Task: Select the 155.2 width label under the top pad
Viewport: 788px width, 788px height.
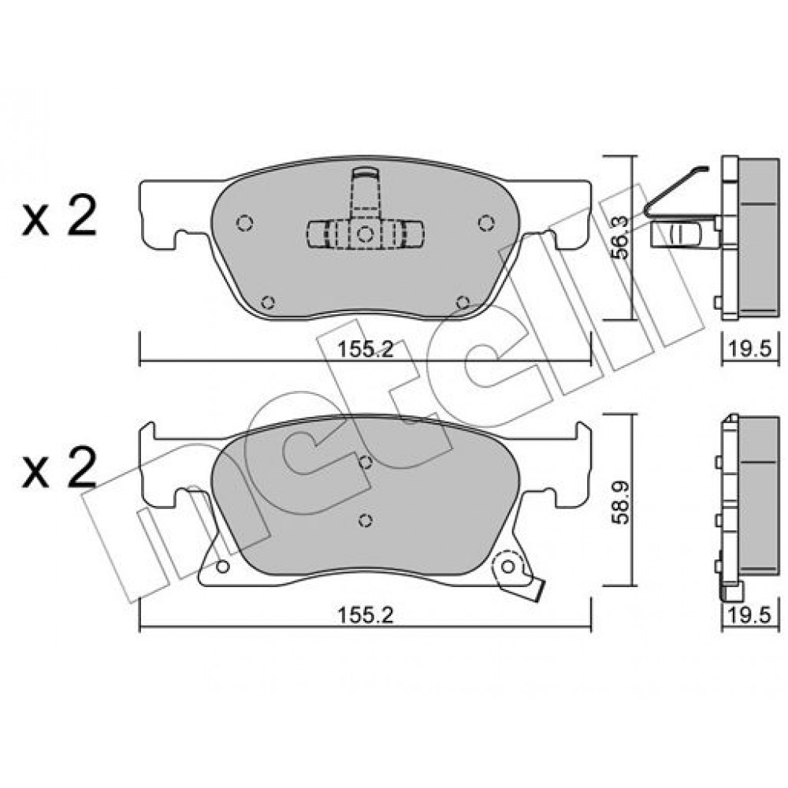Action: (x=365, y=349)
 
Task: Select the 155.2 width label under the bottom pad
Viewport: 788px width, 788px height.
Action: (x=365, y=615)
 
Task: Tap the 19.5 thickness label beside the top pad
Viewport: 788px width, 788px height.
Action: (x=750, y=349)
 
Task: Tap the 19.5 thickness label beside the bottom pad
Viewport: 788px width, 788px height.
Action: (x=750, y=615)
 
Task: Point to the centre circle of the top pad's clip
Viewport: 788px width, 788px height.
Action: (x=366, y=234)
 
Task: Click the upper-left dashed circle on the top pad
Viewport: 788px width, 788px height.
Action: (x=244, y=223)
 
